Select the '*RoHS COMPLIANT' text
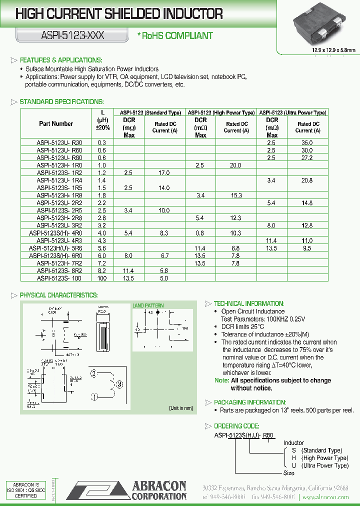point(175,35)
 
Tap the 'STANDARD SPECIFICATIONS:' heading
point(61,102)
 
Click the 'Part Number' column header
point(56,124)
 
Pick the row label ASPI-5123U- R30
point(59,142)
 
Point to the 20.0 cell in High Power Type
point(235,165)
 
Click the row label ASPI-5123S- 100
point(59,278)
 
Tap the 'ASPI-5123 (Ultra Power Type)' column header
point(292,113)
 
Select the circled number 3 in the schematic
point(118,384)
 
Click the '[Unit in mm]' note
point(180,408)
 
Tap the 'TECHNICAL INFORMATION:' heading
point(248,303)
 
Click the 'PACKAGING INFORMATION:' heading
point(250,402)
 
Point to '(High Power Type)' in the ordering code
point(325,458)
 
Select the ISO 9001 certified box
point(24,490)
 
